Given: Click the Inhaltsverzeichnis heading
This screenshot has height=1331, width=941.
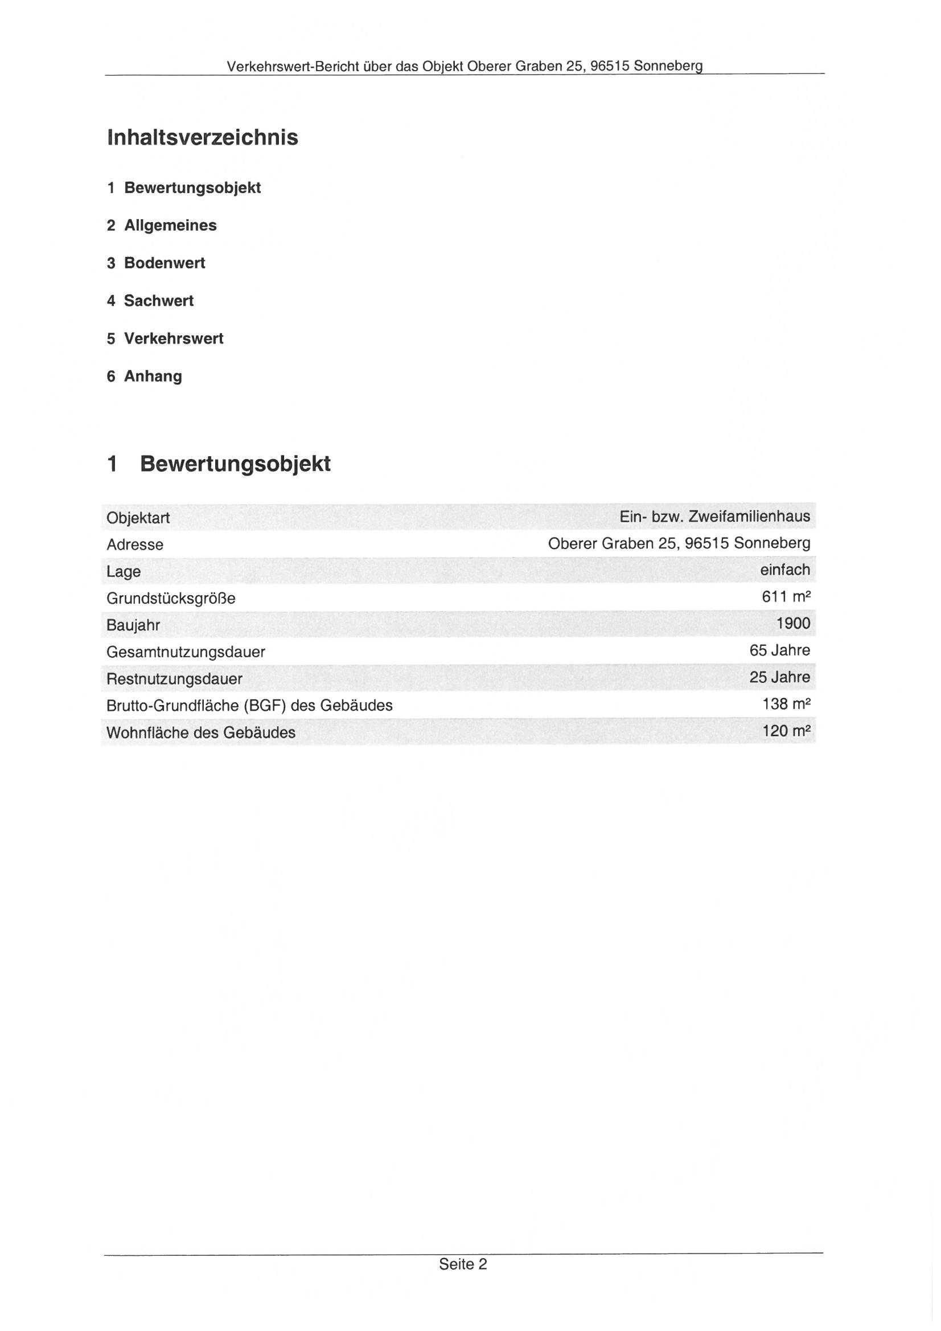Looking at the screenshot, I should pyautogui.click(x=203, y=137).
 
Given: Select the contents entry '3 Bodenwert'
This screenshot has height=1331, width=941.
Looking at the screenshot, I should pyautogui.click(x=156, y=263).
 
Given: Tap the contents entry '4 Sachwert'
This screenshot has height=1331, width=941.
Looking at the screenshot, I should pyautogui.click(x=150, y=301).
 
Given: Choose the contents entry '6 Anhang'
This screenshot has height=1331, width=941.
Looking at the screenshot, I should pyautogui.click(x=144, y=376).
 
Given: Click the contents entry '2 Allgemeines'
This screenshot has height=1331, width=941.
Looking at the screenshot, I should pyautogui.click(x=162, y=226).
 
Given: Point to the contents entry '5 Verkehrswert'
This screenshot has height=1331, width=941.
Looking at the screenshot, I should pyautogui.click(x=165, y=338).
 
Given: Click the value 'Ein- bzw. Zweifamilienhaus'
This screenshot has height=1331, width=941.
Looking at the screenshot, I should pyautogui.click(x=714, y=517).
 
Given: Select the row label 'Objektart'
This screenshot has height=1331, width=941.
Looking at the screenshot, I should pyautogui.click(x=138, y=518).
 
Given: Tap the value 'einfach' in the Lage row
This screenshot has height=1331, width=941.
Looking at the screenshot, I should pyautogui.click(x=784, y=571).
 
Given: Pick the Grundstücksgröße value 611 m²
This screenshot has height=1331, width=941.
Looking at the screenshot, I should pyautogui.click(x=786, y=597).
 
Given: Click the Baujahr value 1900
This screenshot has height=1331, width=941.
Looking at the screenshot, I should pyautogui.click(x=792, y=624).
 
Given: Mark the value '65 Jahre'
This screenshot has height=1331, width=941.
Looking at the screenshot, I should pyautogui.click(x=779, y=650).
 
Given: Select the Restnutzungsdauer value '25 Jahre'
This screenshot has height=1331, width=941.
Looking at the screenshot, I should pyautogui.click(x=779, y=677).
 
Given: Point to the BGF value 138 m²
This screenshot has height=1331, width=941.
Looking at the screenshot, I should pyautogui.click(x=786, y=705).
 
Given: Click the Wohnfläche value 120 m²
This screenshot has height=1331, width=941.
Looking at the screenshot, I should pyautogui.click(x=786, y=731).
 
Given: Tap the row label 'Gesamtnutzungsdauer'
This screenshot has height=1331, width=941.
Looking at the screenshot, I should pyautogui.click(x=186, y=652).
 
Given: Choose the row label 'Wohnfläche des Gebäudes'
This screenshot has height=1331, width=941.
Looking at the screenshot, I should pyautogui.click(x=200, y=733).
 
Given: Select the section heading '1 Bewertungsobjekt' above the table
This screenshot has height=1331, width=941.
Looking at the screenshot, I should pyautogui.click(x=219, y=464).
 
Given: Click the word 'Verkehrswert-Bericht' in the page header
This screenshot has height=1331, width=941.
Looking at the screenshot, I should pyautogui.click(x=293, y=66).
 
